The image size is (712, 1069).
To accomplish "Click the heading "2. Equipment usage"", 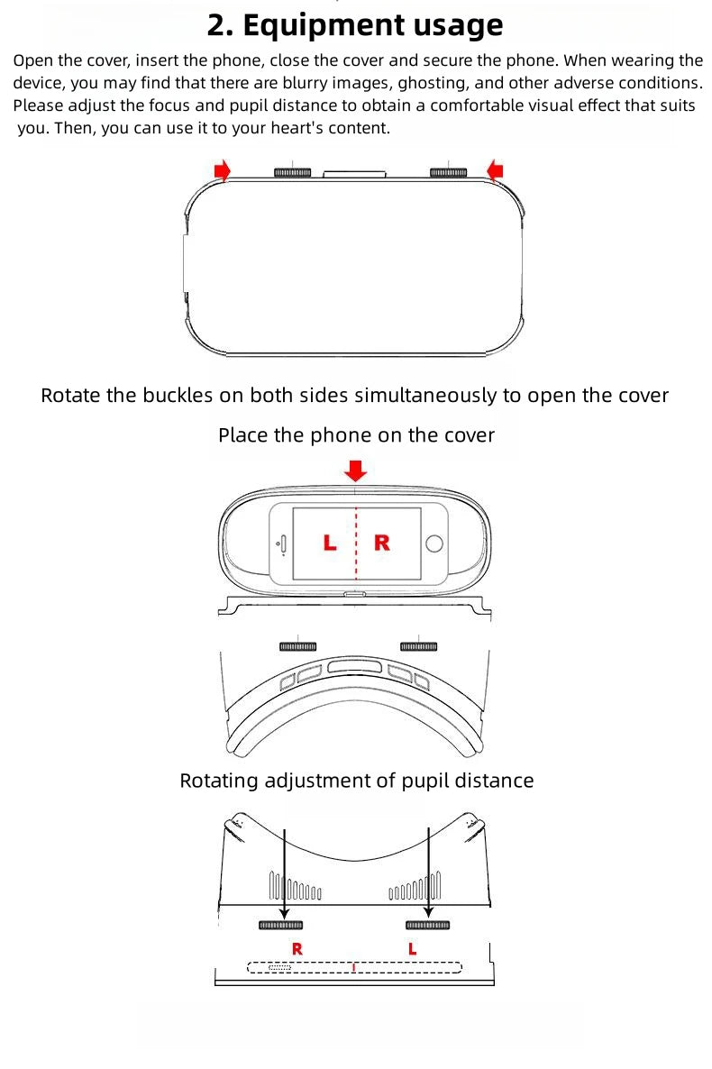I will point(355,25).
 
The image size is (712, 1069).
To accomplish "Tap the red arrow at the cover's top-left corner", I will point(222,169).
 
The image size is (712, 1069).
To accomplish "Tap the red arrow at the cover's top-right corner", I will point(495,169).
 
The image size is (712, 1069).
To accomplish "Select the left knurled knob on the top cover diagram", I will point(292,172).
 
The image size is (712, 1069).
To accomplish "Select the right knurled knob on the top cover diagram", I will point(448,172).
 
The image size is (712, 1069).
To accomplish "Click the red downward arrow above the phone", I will point(357,470).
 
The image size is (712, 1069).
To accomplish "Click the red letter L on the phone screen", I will point(330,543).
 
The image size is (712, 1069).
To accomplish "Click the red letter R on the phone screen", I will point(382,543).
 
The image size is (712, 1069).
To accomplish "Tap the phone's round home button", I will point(434,543).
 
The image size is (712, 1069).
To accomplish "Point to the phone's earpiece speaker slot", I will point(283,543).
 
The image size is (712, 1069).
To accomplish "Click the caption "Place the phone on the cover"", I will point(356,436).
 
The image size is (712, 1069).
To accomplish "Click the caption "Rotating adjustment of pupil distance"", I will point(356,781).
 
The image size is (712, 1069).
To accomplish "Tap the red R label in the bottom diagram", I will point(297,949).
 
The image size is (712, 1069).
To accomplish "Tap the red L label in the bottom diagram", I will point(413,949).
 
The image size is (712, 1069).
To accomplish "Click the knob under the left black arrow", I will point(280,926).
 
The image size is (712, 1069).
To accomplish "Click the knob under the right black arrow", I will point(427,926).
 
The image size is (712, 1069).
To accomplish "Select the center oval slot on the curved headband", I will point(356,667).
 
